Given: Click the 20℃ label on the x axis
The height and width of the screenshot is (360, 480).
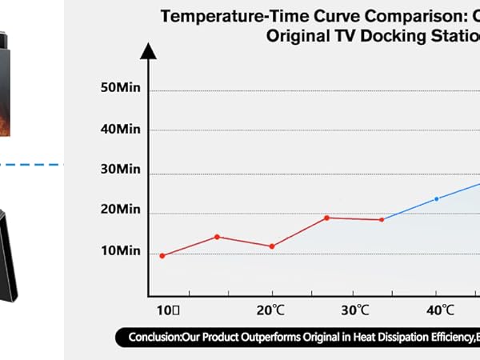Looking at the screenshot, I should coord(271,309).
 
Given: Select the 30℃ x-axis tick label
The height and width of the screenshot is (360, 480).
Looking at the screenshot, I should coord(354,309).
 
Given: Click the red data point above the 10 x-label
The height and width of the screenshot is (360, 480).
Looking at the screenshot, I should coord(162,256).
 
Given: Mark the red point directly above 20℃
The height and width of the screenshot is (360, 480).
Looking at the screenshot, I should coord(272,246).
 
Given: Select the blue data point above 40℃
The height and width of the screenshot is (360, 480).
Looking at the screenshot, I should coord(436,198).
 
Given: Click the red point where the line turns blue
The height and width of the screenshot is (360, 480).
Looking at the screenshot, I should coord(382,219).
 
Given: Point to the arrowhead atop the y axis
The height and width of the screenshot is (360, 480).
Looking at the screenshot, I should coord(147,50).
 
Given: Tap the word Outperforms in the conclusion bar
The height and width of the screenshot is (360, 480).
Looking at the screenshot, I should coord(260,338).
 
